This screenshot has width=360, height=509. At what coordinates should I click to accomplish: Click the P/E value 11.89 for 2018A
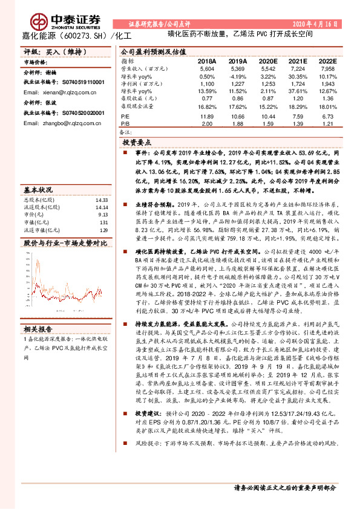pyautogui.click(x=206, y=115)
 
